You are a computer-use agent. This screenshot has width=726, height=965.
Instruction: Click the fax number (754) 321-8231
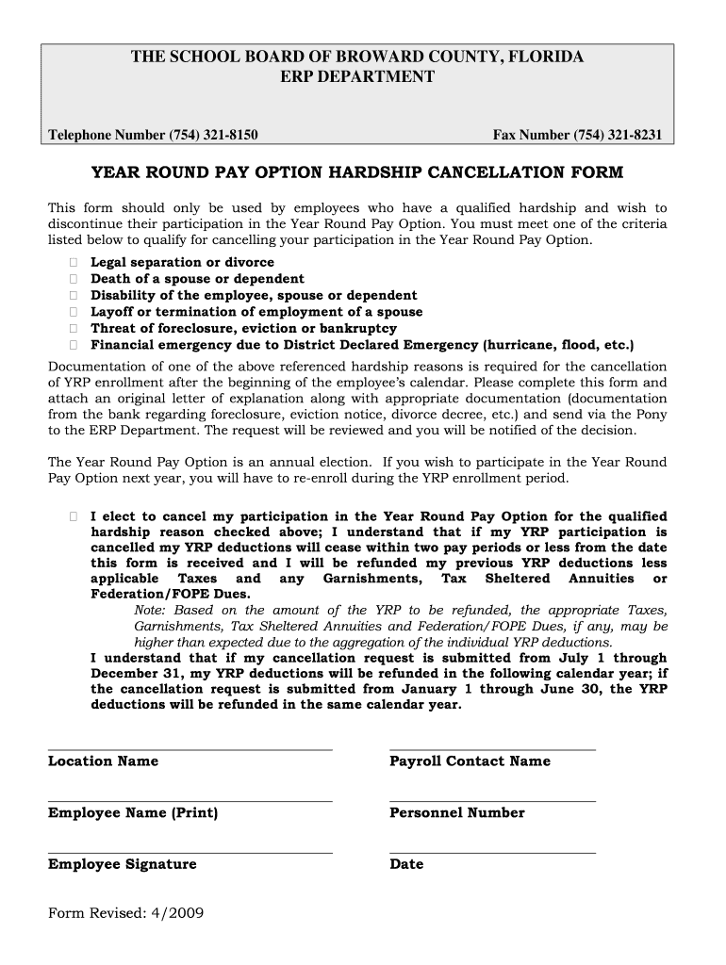(x=618, y=136)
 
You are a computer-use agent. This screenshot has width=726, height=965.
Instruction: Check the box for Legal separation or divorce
(x=73, y=263)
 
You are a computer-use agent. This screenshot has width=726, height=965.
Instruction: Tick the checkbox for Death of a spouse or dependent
(x=73, y=279)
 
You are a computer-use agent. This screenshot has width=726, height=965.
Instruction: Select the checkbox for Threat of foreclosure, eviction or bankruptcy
(x=73, y=329)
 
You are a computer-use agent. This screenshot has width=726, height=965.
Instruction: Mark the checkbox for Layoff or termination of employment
(x=73, y=312)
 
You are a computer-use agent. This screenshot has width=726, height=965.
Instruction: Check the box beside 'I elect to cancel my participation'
(x=73, y=517)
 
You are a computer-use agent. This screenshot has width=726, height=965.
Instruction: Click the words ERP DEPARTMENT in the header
(x=357, y=76)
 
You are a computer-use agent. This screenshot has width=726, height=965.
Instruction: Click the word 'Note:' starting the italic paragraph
(x=154, y=611)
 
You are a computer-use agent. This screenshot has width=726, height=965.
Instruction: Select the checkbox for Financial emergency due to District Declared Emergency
(x=73, y=345)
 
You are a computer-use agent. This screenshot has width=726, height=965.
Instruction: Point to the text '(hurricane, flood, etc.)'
(x=558, y=345)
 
